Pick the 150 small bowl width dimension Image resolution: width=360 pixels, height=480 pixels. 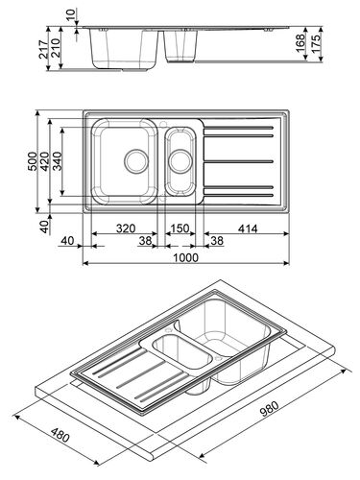click(179, 230)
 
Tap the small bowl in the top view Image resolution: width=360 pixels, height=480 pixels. click(180, 160)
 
